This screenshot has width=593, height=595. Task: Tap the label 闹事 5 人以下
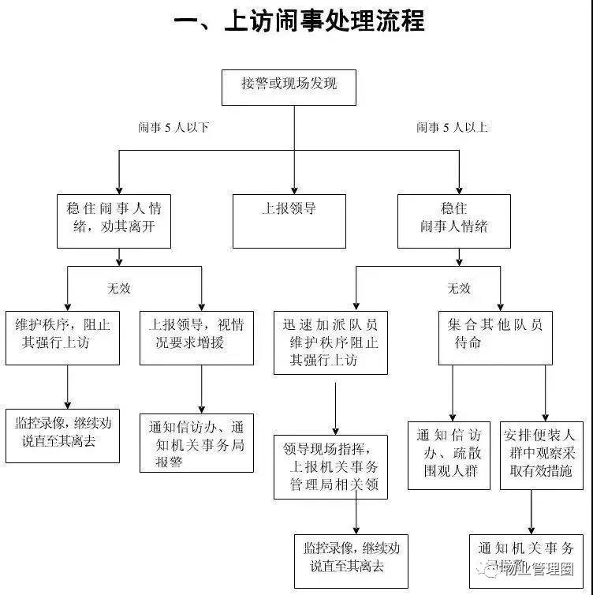tap(173, 127)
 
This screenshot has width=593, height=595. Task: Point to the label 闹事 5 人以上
tap(453, 127)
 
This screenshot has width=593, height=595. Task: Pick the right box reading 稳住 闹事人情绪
tap(453, 220)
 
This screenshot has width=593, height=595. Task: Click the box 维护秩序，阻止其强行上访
tap(62, 337)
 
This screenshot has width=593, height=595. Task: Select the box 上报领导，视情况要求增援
tap(196, 337)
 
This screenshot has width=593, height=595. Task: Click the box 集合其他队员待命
tap(495, 337)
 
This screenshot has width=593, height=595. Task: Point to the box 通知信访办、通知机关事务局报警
tap(196, 443)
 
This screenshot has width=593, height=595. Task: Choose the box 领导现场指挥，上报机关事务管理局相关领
tap(331, 466)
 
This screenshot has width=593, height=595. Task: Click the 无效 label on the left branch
tap(118, 288)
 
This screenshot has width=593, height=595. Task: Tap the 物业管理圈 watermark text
tap(535, 569)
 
